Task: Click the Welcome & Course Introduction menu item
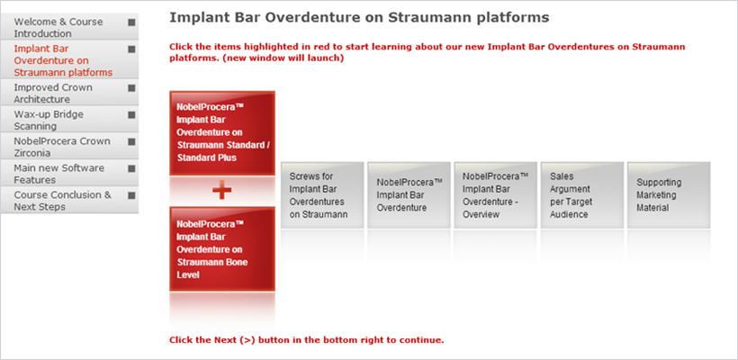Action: pyautogui.click(x=69, y=27)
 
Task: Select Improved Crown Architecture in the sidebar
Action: pyautogui.click(x=69, y=94)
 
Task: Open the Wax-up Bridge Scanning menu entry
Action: pyautogui.click(x=69, y=120)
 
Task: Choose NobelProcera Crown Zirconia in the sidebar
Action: pyautogui.click(x=69, y=147)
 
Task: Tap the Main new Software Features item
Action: pyautogui.click(x=69, y=174)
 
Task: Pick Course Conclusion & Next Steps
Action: pyautogui.click(x=69, y=201)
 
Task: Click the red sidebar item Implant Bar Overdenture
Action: pyautogui.click(x=69, y=60)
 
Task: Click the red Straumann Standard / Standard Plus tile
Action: pyautogui.click(x=222, y=133)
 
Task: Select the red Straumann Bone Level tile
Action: pyautogui.click(x=222, y=249)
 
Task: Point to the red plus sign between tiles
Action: pyautogui.click(x=221, y=191)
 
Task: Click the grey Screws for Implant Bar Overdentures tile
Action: pyautogui.click(x=322, y=195)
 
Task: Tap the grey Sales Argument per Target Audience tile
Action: pyautogui.click(x=582, y=195)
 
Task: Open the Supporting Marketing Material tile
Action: pyautogui.click(x=669, y=195)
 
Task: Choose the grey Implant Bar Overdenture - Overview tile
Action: pyautogui.click(x=496, y=195)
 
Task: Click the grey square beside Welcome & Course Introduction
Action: pyautogui.click(x=131, y=22)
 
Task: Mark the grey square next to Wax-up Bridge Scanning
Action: pyautogui.click(x=131, y=115)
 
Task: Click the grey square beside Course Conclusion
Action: pyautogui.click(x=131, y=195)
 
